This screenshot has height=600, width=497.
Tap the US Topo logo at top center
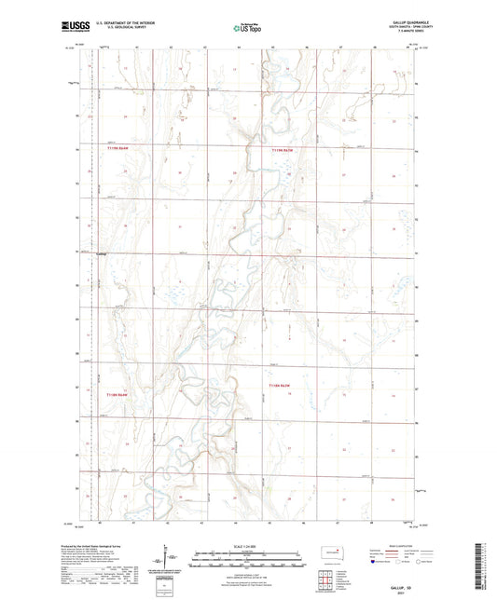(x=247, y=30)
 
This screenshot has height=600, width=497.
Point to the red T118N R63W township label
(x=280, y=384)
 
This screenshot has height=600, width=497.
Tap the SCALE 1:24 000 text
(x=247, y=546)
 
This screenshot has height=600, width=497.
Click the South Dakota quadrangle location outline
(x=328, y=559)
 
